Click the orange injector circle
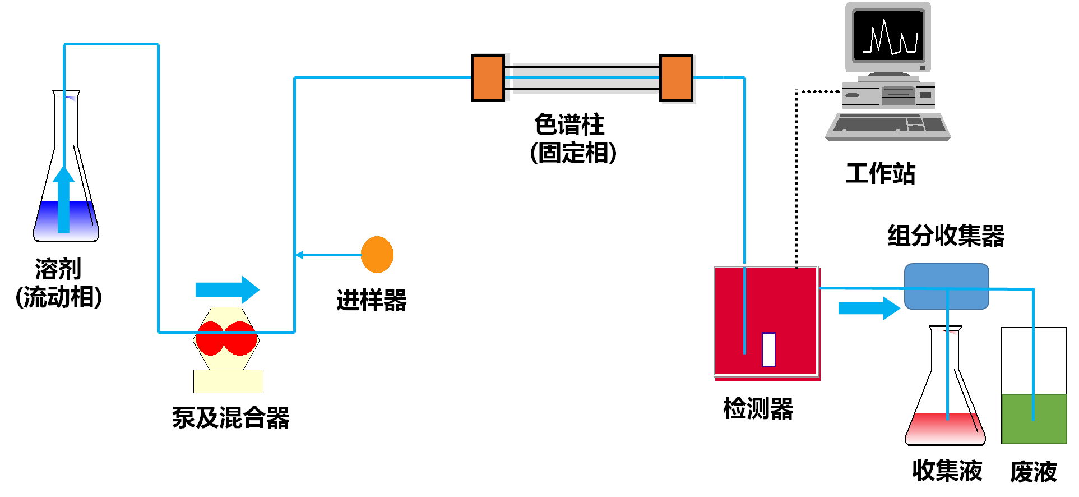coord(377,255)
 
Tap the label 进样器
coord(371,301)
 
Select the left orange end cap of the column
coord(488,78)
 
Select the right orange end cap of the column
coord(677,78)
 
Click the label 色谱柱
coord(569,125)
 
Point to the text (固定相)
coord(573,153)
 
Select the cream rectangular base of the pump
coord(228,381)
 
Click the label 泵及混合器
coord(230,418)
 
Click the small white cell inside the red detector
coord(768,349)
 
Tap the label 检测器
coord(758,408)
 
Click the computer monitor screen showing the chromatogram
coord(888,36)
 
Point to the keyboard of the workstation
coord(887,124)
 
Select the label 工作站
coord(880,173)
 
